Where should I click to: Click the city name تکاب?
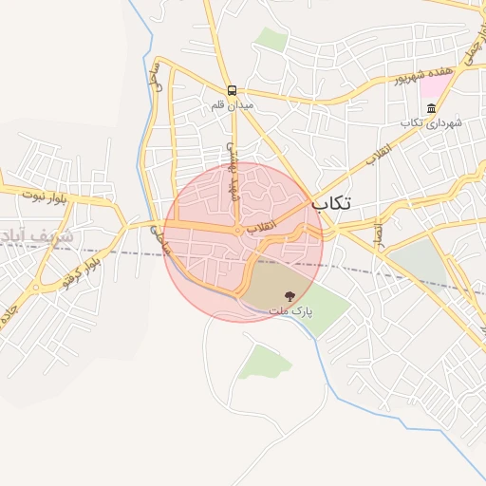(331, 202)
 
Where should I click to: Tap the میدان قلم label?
(234, 106)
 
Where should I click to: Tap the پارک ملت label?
(290, 311)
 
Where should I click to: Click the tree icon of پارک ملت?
(290, 296)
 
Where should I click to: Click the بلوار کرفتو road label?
(82, 270)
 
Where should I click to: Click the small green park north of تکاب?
(272, 40)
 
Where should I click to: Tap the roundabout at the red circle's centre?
(237, 230)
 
